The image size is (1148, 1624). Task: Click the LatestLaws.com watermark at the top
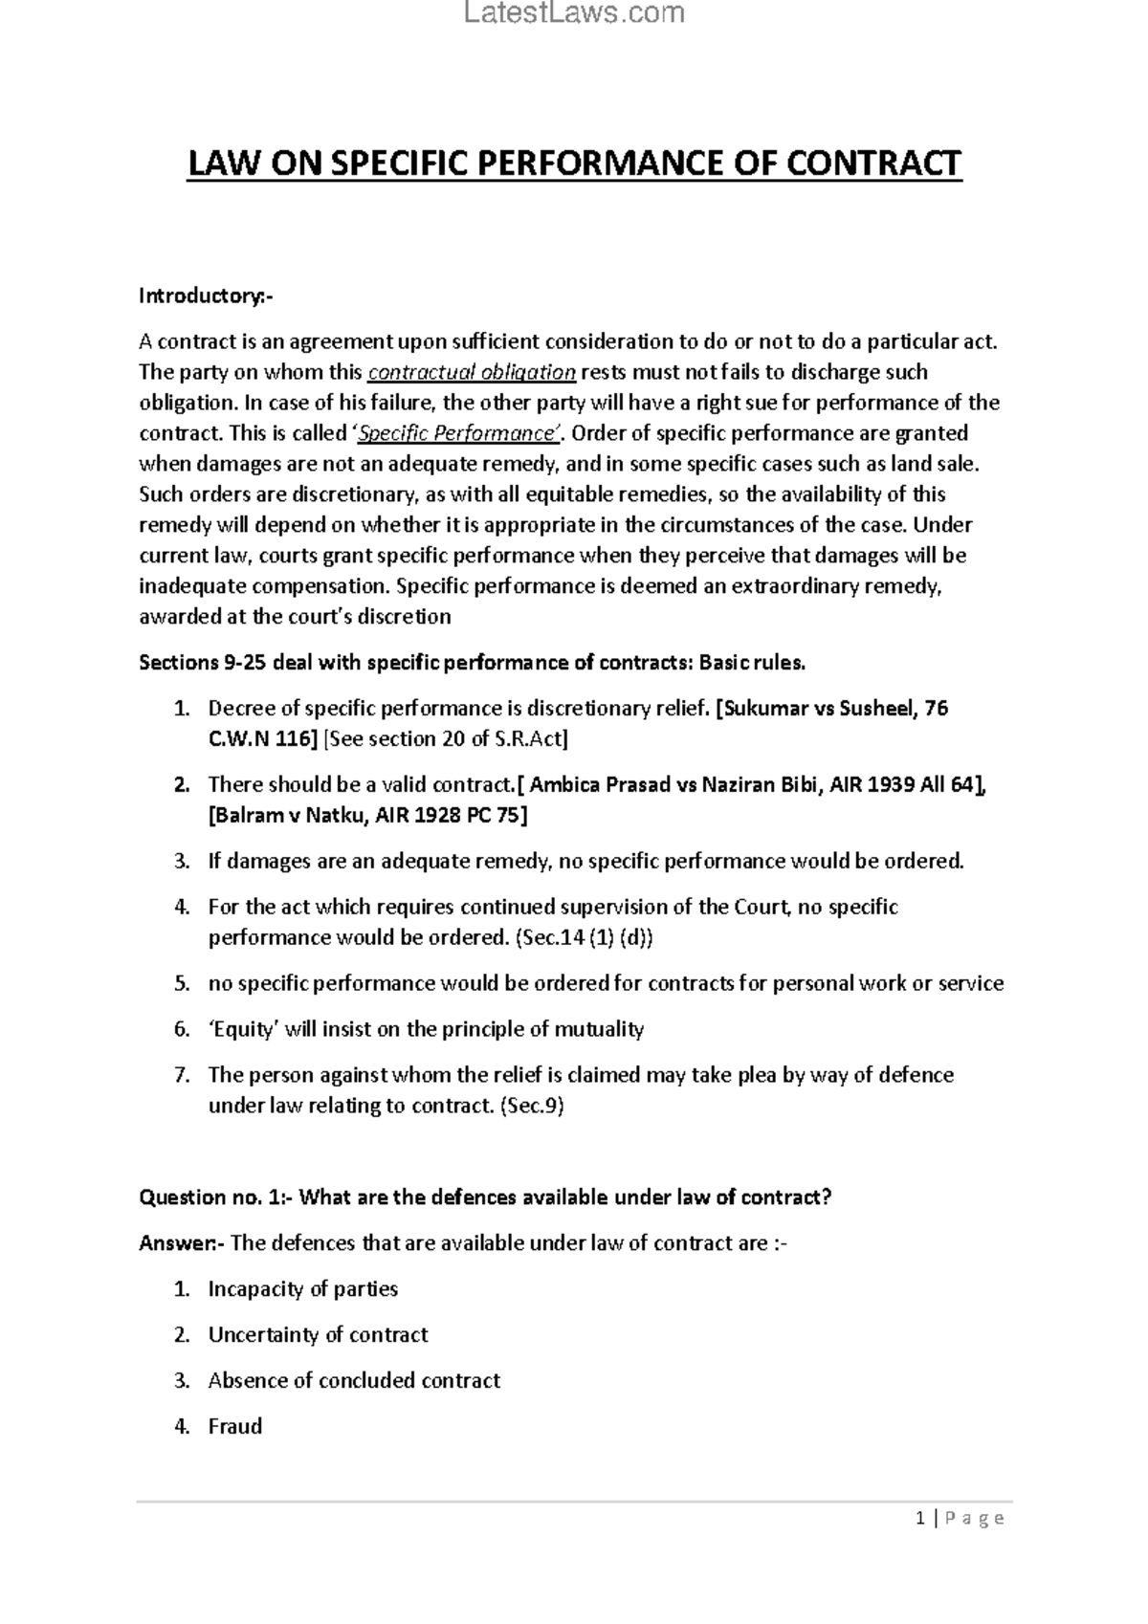click(x=574, y=13)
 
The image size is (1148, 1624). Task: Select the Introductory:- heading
click(x=206, y=296)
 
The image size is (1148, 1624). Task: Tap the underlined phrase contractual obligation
click(x=472, y=372)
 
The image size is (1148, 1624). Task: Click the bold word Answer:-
click(x=182, y=1243)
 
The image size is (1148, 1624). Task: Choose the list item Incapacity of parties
click(x=302, y=1289)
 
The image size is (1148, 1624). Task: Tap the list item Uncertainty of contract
click(x=318, y=1335)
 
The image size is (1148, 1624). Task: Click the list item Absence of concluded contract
click(x=354, y=1381)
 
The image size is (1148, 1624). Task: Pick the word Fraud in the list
click(x=234, y=1427)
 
